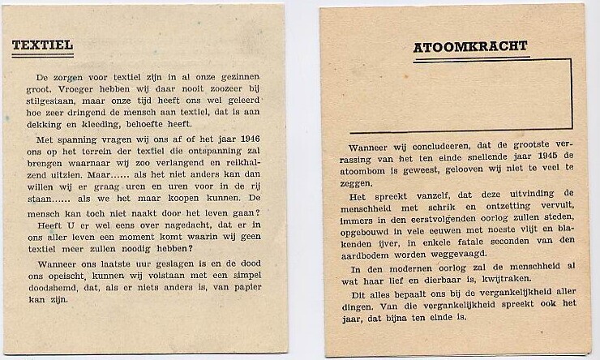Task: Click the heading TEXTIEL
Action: click(42, 46)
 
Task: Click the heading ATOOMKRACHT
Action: click(470, 46)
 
